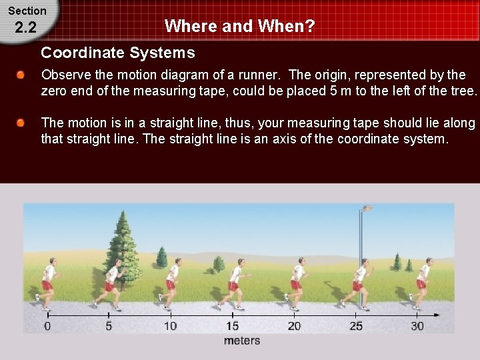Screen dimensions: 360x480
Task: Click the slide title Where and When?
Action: (x=239, y=26)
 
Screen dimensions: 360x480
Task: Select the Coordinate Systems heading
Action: (x=118, y=52)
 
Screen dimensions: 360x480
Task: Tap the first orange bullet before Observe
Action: (x=22, y=75)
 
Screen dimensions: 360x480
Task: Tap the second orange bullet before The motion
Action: (x=22, y=123)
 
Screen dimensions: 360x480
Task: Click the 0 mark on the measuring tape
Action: (x=47, y=326)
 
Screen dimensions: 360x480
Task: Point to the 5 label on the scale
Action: (x=109, y=326)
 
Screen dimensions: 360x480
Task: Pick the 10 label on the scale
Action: (x=170, y=326)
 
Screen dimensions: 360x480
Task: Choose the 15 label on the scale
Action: (x=232, y=326)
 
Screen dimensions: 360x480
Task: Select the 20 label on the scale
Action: (x=294, y=326)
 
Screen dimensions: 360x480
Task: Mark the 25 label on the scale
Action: (x=356, y=326)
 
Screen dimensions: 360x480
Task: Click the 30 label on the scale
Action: (x=417, y=326)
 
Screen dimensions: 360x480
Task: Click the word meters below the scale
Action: (x=242, y=341)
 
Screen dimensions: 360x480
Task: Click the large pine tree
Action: (x=123, y=247)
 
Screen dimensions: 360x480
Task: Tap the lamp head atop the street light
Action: (x=366, y=209)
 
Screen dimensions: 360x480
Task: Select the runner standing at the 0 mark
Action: (x=47, y=283)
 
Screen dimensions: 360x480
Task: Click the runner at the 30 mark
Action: (x=422, y=283)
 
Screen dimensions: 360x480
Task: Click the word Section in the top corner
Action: (x=27, y=11)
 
